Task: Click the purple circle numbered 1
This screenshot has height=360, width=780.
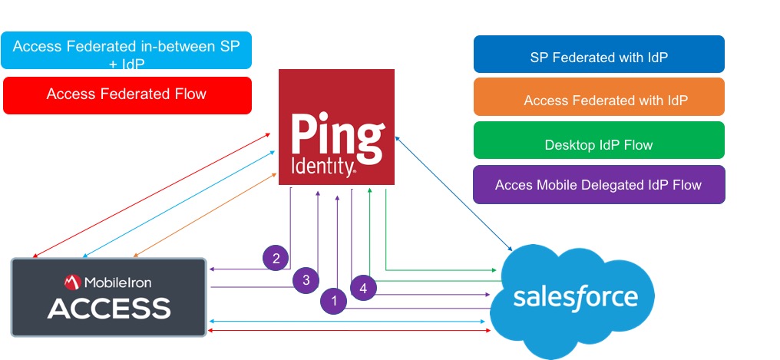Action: tap(332, 301)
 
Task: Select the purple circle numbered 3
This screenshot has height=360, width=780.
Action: tap(305, 279)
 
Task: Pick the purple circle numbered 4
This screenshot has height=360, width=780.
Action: tap(363, 289)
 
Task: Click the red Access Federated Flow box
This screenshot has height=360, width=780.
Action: tap(127, 94)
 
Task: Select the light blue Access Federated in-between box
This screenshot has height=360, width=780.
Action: tap(127, 51)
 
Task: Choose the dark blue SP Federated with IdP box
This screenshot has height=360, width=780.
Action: tap(599, 58)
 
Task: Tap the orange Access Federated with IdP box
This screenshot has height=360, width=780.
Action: tap(599, 101)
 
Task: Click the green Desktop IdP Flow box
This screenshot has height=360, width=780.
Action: tap(599, 144)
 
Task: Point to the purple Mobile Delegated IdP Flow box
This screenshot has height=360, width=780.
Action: tap(599, 185)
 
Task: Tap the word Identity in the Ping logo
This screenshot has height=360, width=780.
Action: tap(322, 167)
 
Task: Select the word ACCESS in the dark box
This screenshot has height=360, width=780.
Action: tap(109, 309)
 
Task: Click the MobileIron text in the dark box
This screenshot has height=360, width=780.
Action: tap(118, 282)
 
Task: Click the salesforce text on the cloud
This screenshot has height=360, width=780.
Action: tap(576, 297)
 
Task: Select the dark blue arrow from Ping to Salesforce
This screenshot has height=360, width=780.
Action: tap(453, 193)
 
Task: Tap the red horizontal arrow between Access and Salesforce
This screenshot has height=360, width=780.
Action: tap(349, 330)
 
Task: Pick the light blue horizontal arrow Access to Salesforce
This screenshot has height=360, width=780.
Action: tap(349, 321)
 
